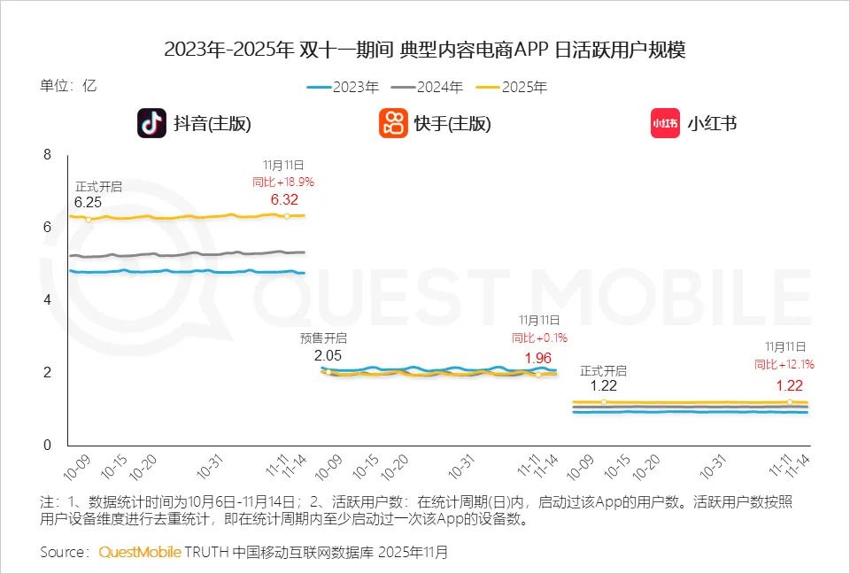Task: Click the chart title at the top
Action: (425, 50)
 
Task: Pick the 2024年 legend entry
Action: (428, 87)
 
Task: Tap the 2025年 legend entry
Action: (512, 87)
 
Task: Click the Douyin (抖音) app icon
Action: (151, 123)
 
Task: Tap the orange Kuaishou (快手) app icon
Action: (393, 123)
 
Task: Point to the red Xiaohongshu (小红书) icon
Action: (665, 123)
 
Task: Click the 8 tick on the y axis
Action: (48, 155)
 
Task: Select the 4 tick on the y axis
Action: (48, 300)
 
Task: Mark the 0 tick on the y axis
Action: (48, 446)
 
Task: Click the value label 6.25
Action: (88, 202)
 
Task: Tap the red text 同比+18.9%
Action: (283, 182)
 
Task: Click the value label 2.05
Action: (328, 354)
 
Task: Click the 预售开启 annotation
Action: (324, 337)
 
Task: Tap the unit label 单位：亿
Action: (67, 86)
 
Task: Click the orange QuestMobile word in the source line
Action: (140, 552)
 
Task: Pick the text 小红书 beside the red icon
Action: (712, 123)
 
